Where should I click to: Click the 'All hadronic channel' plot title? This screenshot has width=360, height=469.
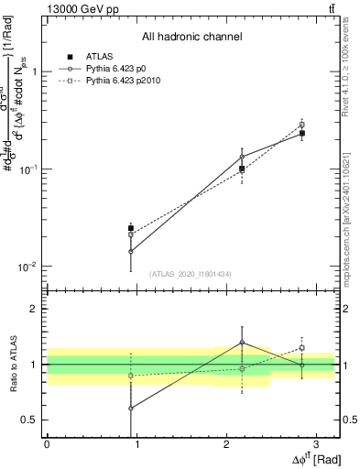(191, 37)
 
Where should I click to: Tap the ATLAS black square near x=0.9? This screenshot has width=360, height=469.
(131, 228)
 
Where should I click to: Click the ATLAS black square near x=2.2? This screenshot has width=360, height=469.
(242, 169)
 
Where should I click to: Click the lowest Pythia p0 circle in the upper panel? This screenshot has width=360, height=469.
(131, 251)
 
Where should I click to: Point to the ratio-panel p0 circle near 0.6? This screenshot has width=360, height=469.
(131, 409)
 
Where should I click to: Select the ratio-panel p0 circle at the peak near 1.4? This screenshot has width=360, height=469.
(242, 343)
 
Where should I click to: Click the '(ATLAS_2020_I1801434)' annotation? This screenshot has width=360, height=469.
(191, 274)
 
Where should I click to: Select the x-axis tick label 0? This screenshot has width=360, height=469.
(46, 443)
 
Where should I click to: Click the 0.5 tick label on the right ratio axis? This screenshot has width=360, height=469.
(349, 420)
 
